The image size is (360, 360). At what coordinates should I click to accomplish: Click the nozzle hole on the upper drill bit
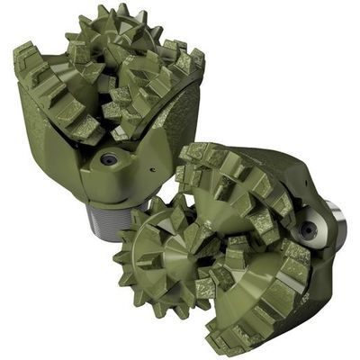(x=109, y=159)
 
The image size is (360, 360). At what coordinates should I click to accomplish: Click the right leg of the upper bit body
(x=184, y=117)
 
